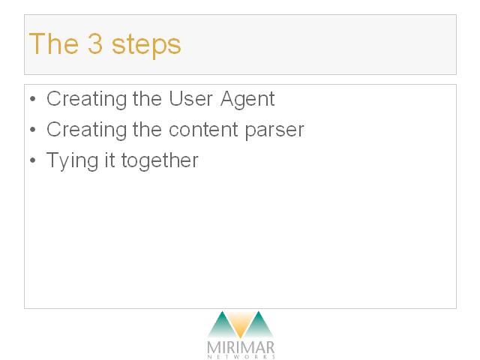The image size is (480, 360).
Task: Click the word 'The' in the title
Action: point(53,43)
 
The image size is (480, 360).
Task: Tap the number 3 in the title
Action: point(95,43)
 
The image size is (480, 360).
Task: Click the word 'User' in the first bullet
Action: point(190,99)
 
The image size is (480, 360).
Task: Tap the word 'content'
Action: point(203,130)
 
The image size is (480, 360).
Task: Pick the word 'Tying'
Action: point(72,162)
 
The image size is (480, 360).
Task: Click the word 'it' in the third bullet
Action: point(109,160)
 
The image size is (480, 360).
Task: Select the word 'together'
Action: point(160,162)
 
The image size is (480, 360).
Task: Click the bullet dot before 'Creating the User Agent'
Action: point(33,99)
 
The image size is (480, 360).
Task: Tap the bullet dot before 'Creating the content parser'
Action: point(33,130)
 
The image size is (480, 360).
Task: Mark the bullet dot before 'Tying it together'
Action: point(33,160)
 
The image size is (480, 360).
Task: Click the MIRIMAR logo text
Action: point(241,347)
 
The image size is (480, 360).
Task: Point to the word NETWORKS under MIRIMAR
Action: point(241,357)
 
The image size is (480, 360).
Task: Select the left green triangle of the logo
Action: point(222,326)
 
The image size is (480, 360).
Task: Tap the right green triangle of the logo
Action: point(259,326)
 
